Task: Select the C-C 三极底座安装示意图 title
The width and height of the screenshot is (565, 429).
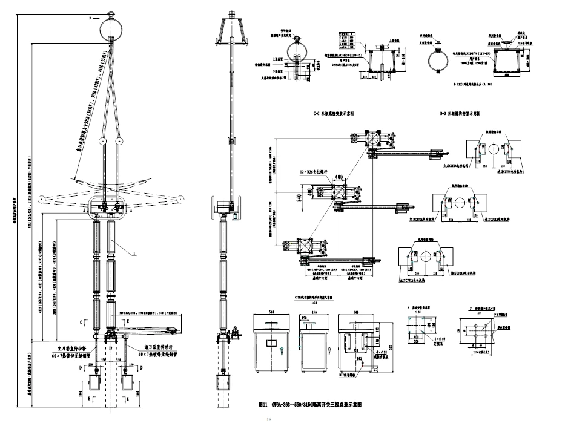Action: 334,114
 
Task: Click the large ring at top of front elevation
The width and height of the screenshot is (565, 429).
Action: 113,27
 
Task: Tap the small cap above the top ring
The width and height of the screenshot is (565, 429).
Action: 113,12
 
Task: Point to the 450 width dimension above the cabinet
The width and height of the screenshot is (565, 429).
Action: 312,313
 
